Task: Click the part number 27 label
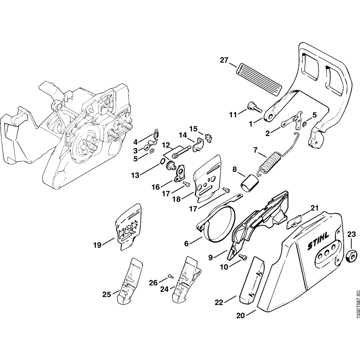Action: point(224,60)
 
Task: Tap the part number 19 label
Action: point(97,246)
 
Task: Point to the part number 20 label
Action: point(240,316)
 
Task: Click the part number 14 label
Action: point(183,135)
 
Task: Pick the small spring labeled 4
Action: point(156,134)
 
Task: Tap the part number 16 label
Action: point(155,188)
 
